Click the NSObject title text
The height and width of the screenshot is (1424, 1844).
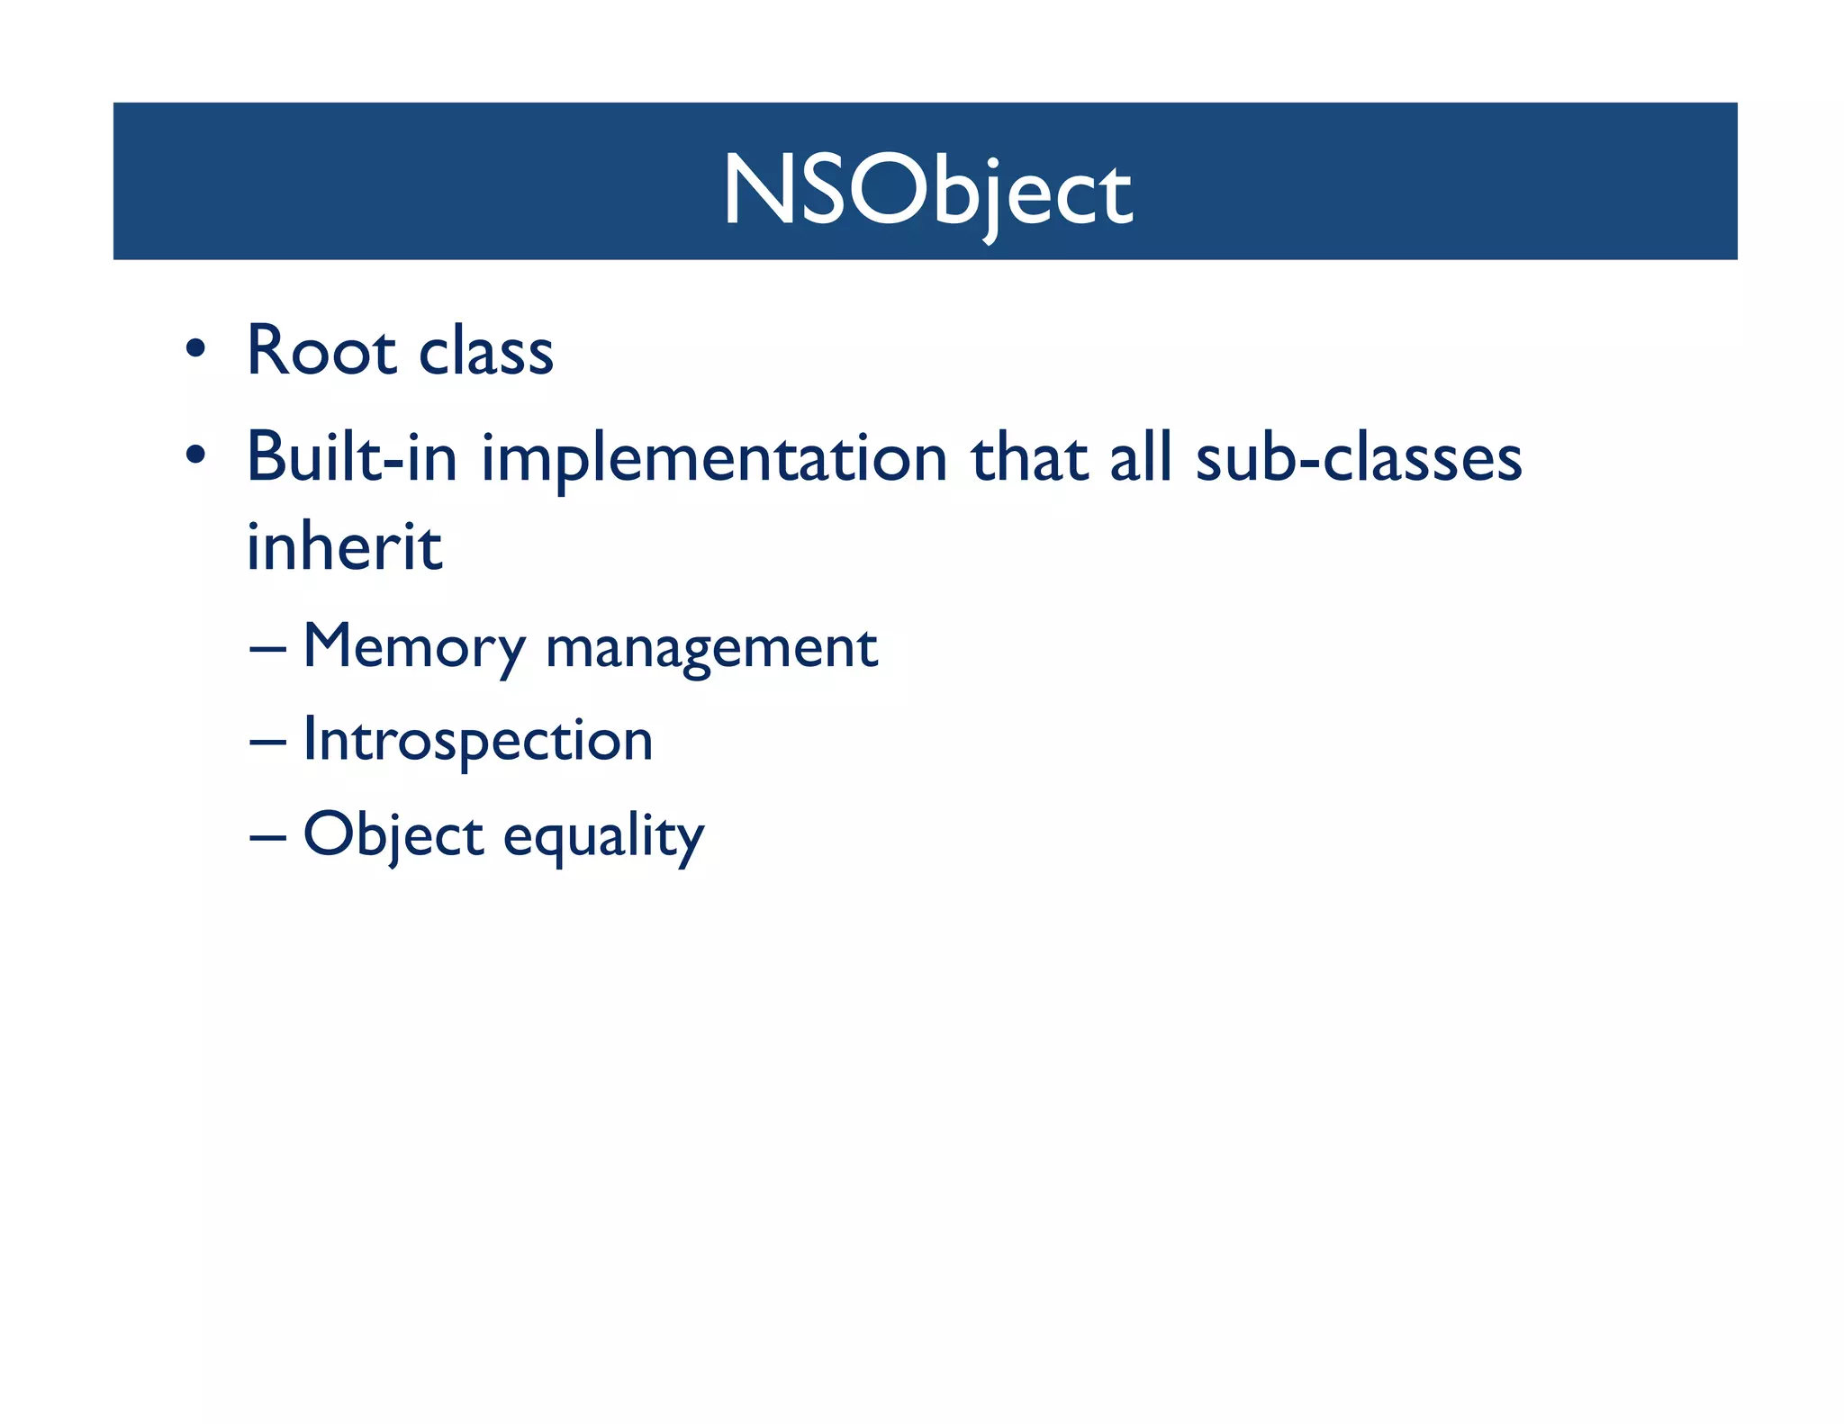click(927, 191)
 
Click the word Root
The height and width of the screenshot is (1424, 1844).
click(321, 351)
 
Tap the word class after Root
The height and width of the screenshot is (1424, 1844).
click(486, 351)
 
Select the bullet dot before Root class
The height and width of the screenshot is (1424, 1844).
click(195, 348)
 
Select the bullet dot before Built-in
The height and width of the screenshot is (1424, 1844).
click(195, 455)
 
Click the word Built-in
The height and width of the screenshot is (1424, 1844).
click(352, 457)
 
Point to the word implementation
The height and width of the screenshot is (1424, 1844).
click(714, 459)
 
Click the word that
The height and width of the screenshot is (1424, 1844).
click(1028, 457)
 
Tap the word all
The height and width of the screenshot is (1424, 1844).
click(1141, 457)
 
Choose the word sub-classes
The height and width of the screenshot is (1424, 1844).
click(1358, 457)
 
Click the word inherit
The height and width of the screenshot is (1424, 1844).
click(344, 546)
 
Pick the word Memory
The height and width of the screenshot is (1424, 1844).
click(414, 647)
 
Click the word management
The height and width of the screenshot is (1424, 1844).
click(711, 649)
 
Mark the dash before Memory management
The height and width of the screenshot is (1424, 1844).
click(267, 648)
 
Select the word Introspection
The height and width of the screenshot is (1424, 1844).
click(477, 741)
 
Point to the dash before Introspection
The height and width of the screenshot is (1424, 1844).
click(267, 743)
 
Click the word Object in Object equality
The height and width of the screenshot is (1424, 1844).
click(393, 835)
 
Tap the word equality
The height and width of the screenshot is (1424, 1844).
click(603, 837)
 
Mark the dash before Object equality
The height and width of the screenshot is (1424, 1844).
click(267, 837)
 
